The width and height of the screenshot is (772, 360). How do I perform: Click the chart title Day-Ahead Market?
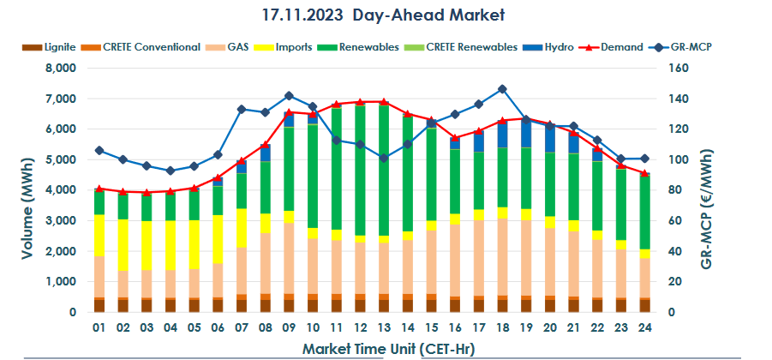click(x=386, y=15)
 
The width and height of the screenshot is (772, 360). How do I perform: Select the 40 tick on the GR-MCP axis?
click(x=662, y=252)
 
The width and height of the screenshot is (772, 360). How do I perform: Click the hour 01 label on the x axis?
click(x=99, y=327)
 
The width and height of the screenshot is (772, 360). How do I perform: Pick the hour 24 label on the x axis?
click(x=643, y=327)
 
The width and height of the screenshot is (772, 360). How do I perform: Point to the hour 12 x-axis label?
click(x=360, y=327)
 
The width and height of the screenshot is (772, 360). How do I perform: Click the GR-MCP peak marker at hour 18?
click(x=502, y=89)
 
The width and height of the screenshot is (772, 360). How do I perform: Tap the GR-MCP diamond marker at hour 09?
click(x=289, y=96)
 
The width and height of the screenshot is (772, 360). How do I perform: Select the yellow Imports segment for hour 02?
click(x=123, y=245)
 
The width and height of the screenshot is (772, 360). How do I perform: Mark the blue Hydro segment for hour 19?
click(x=525, y=133)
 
